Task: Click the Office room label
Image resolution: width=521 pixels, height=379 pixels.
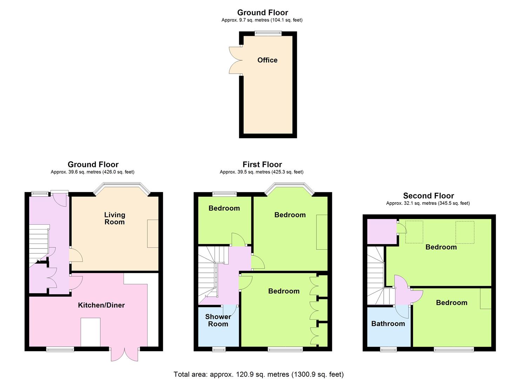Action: pyautogui.click(x=267, y=60)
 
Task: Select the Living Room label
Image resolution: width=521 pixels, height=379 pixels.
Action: pyautogui.click(x=114, y=218)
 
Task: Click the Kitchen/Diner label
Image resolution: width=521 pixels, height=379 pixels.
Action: pyautogui.click(x=101, y=305)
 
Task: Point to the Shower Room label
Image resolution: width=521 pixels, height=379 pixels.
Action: pyautogui.click(x=218, y=320)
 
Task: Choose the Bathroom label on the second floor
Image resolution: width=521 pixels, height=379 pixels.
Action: pyautogui.click(x=388, y=324)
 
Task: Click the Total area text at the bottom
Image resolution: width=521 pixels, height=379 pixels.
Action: pyautogui.click(x=259, y=374)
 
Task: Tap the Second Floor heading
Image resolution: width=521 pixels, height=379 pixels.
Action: pyautogui.click(x=428, y=196)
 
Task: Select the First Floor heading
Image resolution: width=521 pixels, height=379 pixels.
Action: pyautogui.click(x=262, y=164)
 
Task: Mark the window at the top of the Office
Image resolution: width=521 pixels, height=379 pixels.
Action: pyautogui.click(x=268, y=33)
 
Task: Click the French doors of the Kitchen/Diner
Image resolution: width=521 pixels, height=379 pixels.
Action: pyautogui.click(x=125, y=354)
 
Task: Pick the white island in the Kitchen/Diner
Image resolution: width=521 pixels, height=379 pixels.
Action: pyautogui.click(x=91, y=332)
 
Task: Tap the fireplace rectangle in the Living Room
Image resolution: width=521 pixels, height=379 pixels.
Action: pyautogui.click(x=153, y=233)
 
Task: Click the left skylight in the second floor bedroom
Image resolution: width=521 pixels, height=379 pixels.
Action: pyautogui.click(x=414, y=232)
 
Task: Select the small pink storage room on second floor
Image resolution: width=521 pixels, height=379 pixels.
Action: pyautogui.click(x=382, y=231)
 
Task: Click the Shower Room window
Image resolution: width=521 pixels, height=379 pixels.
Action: pyautogui.click(x=219, y=349)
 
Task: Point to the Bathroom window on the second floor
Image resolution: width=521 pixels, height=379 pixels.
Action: pyautogui.click(x=388, y=349)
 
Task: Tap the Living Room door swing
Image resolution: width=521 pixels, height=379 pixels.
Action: pyautogui.click(x=76, y=255)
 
